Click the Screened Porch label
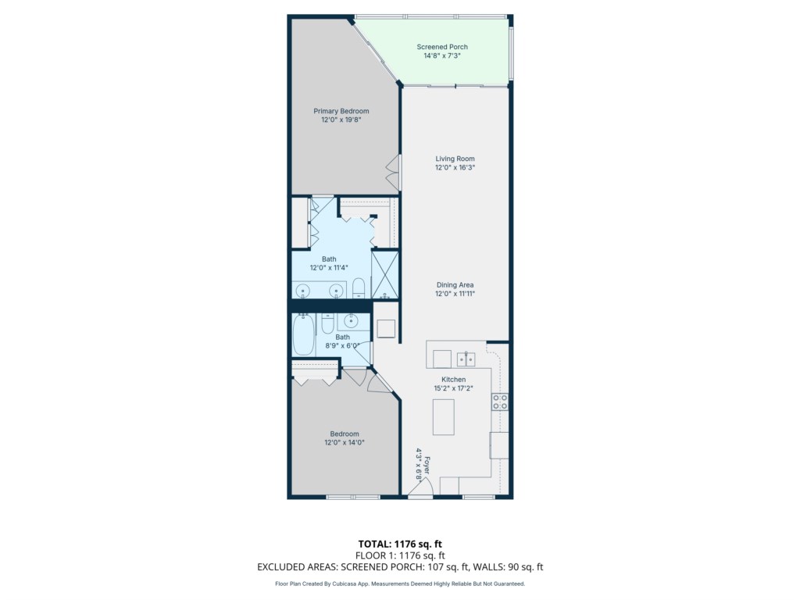pos(442,47)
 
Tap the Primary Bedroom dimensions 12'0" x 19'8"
pos(341,120)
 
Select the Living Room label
pos(455,159)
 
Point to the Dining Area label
pos(455,284)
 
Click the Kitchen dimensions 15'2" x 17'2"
pos(454,388)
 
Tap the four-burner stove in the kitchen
pos(499,402)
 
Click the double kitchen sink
pos(466,359)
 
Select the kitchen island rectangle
pos(444,417)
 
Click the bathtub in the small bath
pos(304,334)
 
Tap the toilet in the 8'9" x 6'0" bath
pos(327,323)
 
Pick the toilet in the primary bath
pos(359,287)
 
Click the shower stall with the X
pos(384,275)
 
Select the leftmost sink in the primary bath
pos(303,291)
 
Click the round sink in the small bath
pos(351,321)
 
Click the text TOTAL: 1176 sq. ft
pos(400,544)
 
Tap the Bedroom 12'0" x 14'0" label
pos(345,438)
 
